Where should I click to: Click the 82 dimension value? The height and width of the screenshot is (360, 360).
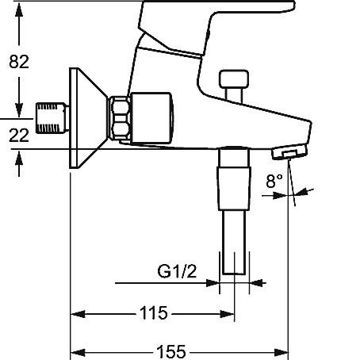point(19,62)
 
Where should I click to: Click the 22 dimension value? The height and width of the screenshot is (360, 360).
point(19,136)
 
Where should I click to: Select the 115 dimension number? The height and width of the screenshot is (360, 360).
point(154,313)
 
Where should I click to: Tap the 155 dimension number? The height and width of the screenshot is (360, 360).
point(171,352)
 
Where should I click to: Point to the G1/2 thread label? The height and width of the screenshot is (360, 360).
point(177,271)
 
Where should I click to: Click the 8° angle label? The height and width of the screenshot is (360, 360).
point(274,181)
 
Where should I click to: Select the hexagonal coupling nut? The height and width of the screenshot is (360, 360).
point(121,118)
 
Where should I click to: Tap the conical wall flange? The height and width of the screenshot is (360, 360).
point(88,118)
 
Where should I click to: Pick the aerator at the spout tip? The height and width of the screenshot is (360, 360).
point(289,152)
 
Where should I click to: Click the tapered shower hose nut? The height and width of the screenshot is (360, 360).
point(234,189)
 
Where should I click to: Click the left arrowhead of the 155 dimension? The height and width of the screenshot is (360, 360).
point(78,352)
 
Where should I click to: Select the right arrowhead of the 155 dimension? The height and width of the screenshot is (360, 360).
point(281,352)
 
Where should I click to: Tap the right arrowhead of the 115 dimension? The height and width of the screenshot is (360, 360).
point(228,314)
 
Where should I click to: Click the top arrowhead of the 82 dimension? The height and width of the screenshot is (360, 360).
point(19,10)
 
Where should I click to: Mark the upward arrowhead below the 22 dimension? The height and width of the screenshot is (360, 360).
point(19,159)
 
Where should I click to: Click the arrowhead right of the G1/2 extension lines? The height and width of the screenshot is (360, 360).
point(256,283)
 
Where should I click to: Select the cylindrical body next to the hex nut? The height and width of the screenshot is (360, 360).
point(152,118)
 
